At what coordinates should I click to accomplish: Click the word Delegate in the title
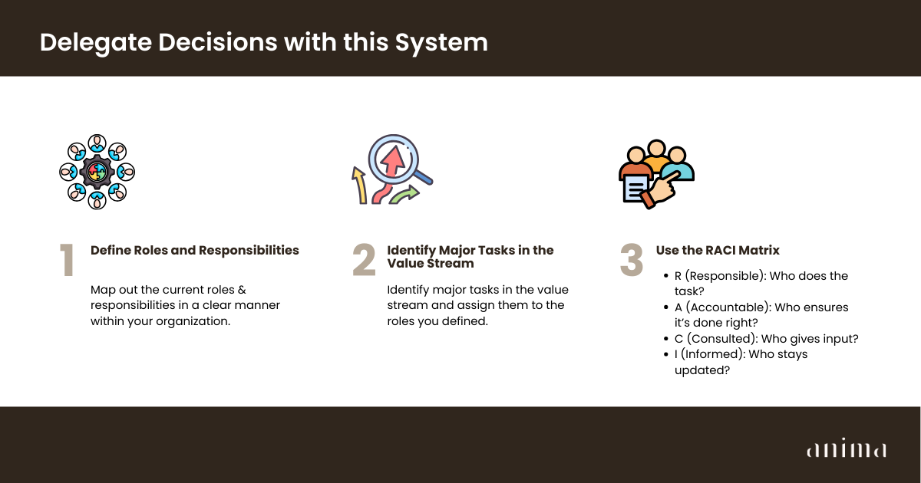coord(96,43)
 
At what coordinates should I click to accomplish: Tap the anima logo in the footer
coord(847,448)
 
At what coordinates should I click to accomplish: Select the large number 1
coord(67,260)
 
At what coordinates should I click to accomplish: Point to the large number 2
coord(365,260)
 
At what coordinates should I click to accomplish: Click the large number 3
coord(632,260)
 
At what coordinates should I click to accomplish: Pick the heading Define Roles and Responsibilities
coord(194,250)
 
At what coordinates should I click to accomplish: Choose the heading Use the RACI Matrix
coord(718,250)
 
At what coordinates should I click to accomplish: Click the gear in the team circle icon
coord(97,172)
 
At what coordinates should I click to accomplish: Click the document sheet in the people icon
coord(635,189)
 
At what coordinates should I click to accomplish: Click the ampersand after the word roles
coord(242,290)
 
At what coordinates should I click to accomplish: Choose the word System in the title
coord(441,44)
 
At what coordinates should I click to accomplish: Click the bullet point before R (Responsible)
coord(666,275)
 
